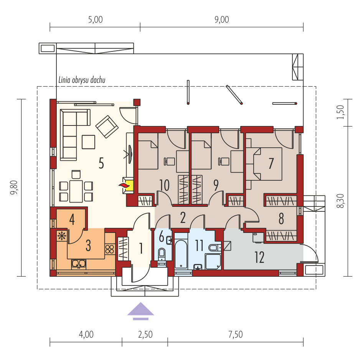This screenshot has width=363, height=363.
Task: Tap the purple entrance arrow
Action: pos(140,311)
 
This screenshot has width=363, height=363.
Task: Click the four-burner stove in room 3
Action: pos(110,249)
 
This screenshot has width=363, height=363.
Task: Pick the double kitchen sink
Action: pos(79,264)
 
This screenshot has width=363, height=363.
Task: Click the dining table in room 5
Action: pos(76,191)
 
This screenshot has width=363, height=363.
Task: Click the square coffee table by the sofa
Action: pos(88,142)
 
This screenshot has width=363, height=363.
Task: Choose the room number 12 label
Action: pos(259,257)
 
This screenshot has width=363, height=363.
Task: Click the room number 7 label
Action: pos(271,163)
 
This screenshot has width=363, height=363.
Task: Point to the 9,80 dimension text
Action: pos(14,188)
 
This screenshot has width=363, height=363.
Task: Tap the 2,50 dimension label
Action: pos(145,335)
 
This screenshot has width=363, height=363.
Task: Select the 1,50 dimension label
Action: pos(340,112)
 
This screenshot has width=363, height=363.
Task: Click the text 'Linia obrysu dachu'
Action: pos(82,80)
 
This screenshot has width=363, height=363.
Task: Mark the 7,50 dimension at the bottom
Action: pos(236,335)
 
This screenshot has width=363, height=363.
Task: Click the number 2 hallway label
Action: pos(183,218)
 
